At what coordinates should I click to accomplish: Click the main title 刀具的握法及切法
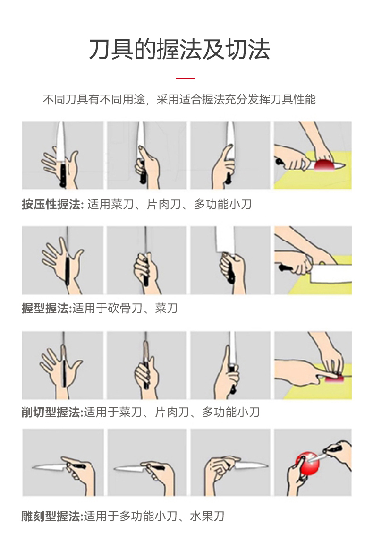point(179,50)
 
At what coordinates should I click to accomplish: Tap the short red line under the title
point(186,78)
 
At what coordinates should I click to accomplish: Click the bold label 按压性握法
point(52,204)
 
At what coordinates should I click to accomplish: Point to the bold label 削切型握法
point(52,412)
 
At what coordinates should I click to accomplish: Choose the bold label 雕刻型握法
point(52,516)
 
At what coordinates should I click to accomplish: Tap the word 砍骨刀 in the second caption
point(125,308)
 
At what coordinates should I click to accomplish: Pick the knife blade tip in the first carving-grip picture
point(33,467)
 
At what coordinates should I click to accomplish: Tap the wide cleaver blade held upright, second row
point(225,240)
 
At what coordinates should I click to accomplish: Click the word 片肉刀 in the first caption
point(164,204)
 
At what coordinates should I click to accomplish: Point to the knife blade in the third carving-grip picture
point(250,465)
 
